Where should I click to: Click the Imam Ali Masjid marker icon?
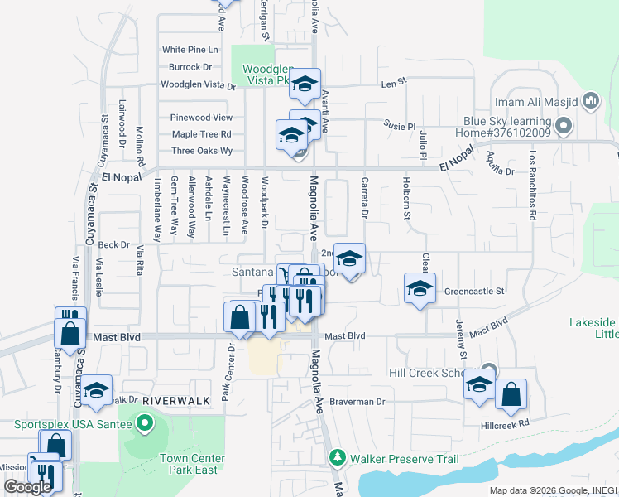590,102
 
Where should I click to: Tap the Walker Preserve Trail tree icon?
338,458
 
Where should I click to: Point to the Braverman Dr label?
358,402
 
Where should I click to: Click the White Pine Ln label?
190,50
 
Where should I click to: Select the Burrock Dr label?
190,67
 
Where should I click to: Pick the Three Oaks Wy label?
202,151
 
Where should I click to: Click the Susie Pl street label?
399,125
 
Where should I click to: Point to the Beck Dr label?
113,245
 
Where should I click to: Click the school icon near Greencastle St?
420,289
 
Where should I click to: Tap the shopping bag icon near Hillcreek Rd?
511,396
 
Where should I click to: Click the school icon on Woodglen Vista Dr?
305,83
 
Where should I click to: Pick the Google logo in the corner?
27,487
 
